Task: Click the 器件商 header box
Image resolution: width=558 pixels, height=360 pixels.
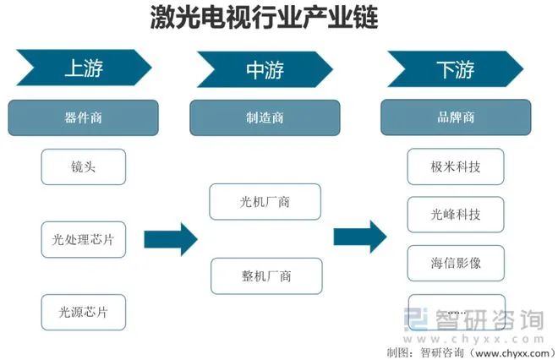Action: [x=83, y=118]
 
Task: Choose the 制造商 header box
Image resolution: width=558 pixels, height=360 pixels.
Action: [x=264, y=118]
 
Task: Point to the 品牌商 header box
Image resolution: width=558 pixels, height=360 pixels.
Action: [x=455, y=118]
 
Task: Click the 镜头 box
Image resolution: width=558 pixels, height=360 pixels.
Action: [x=83, y=167]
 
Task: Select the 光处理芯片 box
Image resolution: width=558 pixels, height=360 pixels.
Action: [x=83, y=240]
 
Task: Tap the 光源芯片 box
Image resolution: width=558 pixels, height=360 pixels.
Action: [x=83, y=312]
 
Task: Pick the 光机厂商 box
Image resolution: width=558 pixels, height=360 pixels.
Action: [x=265, y=202]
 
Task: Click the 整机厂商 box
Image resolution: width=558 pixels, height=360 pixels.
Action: [x=265, y=275]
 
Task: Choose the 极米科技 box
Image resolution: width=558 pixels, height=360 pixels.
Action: [x=455, y=167]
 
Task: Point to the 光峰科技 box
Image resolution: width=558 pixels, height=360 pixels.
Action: [x=455, y=215]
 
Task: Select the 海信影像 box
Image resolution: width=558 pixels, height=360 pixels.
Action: [x=455, y=263]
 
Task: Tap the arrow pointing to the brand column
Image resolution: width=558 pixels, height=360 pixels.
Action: [x=359, y=237]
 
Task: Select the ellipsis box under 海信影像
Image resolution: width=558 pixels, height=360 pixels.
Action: [x=455, y=310]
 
